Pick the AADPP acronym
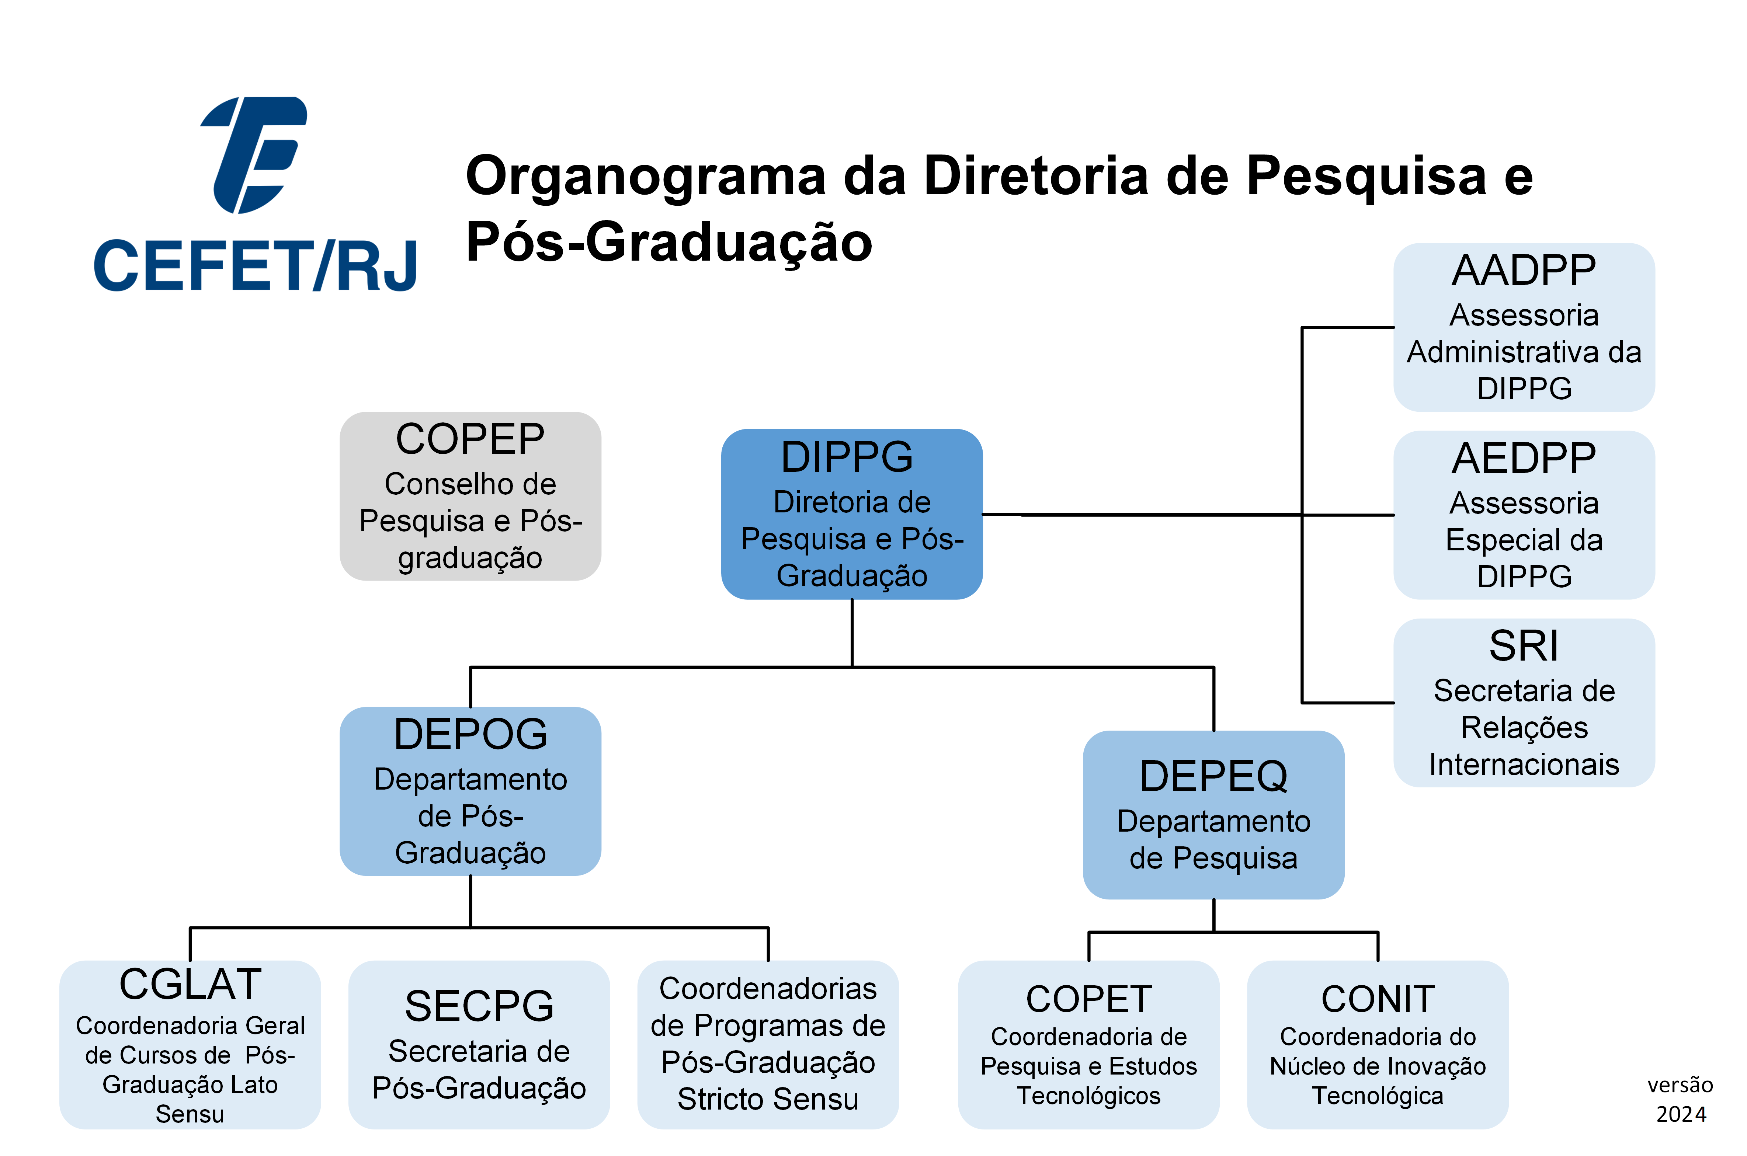(1524, 271)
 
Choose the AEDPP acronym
(1524, 459)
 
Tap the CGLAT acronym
(190, 984)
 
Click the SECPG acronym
(479, 1006)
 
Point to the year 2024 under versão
(1681, 1114)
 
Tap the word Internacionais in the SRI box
(1524, 765)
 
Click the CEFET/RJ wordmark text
(255, 265)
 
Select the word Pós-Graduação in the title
(669, 242)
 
